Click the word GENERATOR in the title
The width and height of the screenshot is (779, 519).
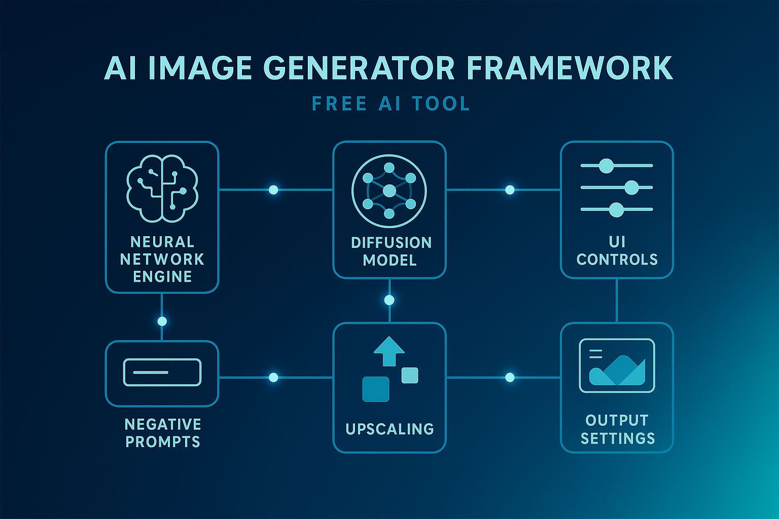click(x=359, y=68)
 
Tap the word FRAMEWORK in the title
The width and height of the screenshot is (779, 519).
click(x=570, y=68)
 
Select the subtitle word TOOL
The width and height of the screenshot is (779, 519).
click(x=441, y=104)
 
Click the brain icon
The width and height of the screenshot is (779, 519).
click(x=162, y=189)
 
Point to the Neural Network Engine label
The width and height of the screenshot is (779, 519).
click(x=162, y=259)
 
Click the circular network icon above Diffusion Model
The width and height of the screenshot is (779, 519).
click(x=389, y=191)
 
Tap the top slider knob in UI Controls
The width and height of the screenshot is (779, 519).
click(x=606, y=166)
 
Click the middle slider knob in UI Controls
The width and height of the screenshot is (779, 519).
click(x=631, y=188)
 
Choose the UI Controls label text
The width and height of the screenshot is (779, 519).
click(x=617, y=251)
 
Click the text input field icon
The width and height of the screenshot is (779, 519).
click(x=162, y=372)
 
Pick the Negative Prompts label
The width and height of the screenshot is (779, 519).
click(x=163, y=432)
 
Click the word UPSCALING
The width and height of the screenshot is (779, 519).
click(x=389, y=429)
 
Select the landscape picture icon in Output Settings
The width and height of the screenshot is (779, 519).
click(x=617, y=365)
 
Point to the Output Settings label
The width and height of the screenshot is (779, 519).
click(x=617, y=429)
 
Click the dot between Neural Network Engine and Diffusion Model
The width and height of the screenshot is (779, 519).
click(x=273, y=190)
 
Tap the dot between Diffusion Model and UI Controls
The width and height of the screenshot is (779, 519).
click(x=510, y=190)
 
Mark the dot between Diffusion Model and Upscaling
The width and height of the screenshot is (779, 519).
click(x=389, y=300)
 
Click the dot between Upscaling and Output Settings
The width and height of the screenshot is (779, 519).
click(x=510, y=377)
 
